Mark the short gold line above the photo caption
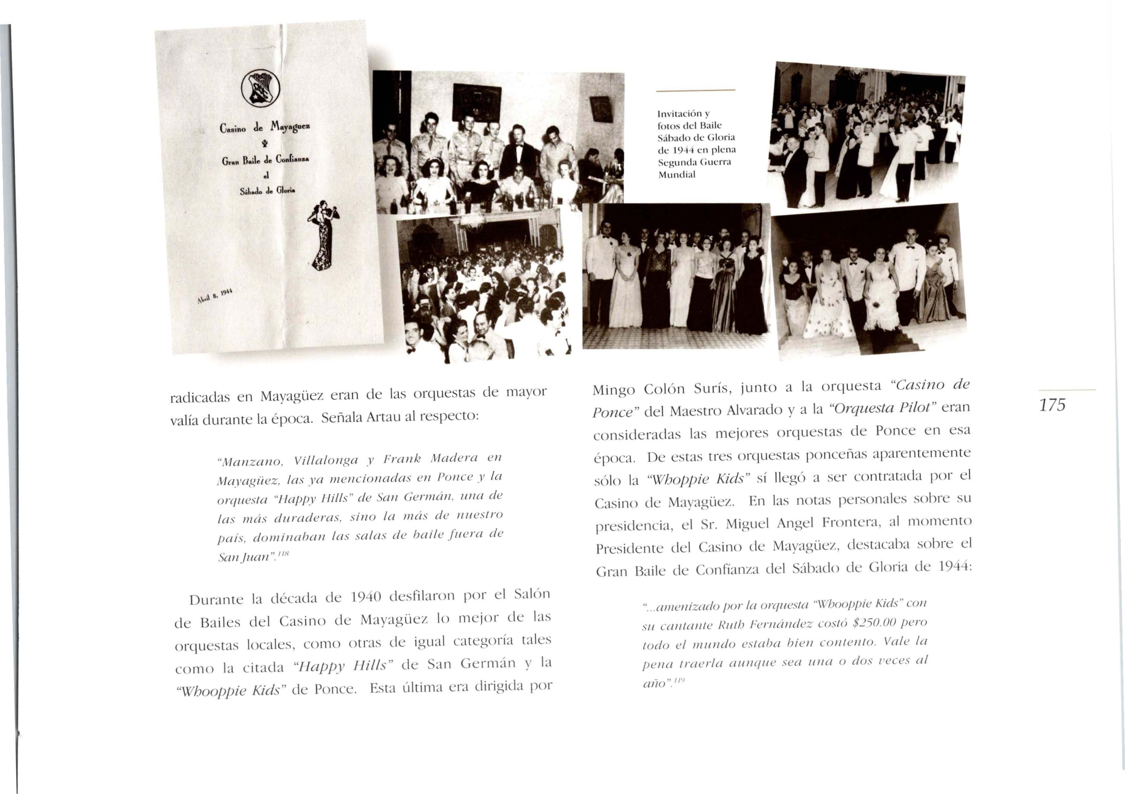(x=696, y=91)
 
